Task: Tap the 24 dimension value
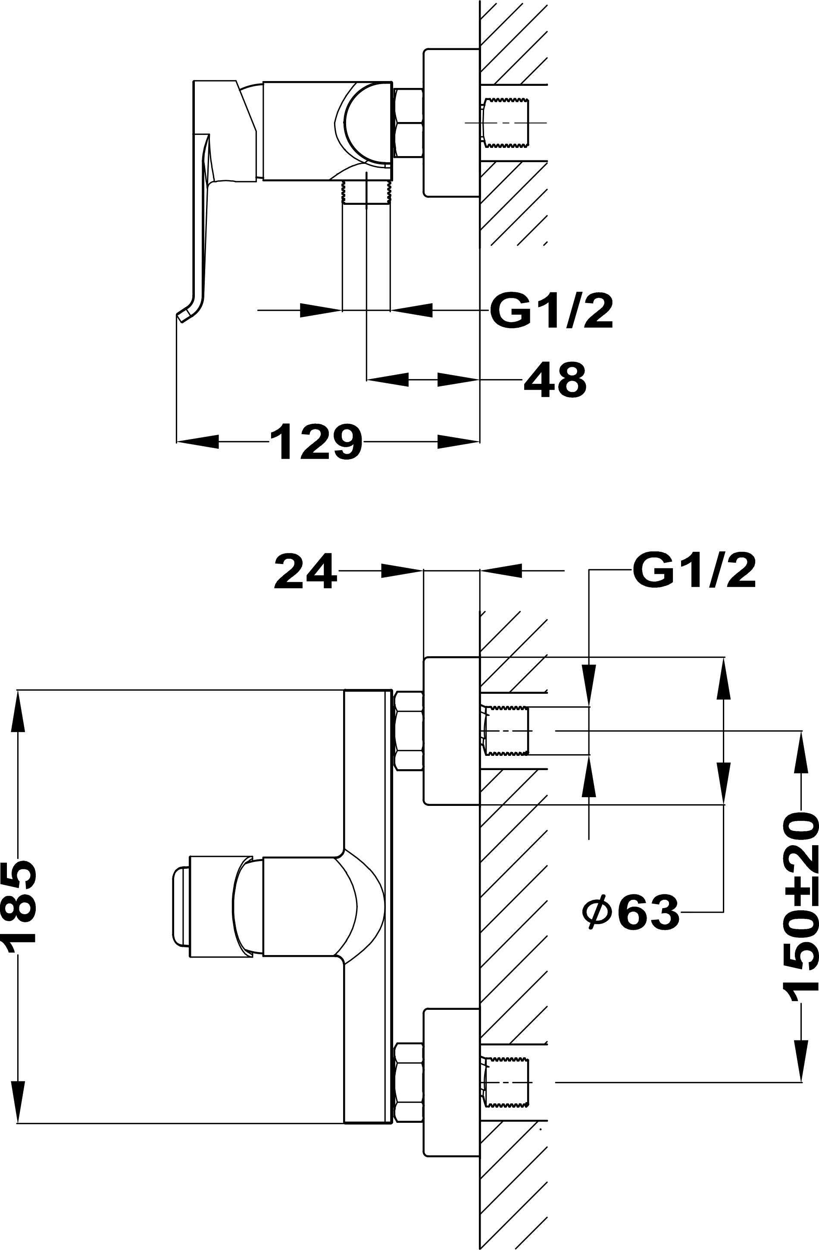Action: point(305,571)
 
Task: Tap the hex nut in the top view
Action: point(409,123)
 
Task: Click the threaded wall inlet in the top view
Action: point(506,123)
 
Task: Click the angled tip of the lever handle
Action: point(183,315)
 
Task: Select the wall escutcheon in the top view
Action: point(451,123)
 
